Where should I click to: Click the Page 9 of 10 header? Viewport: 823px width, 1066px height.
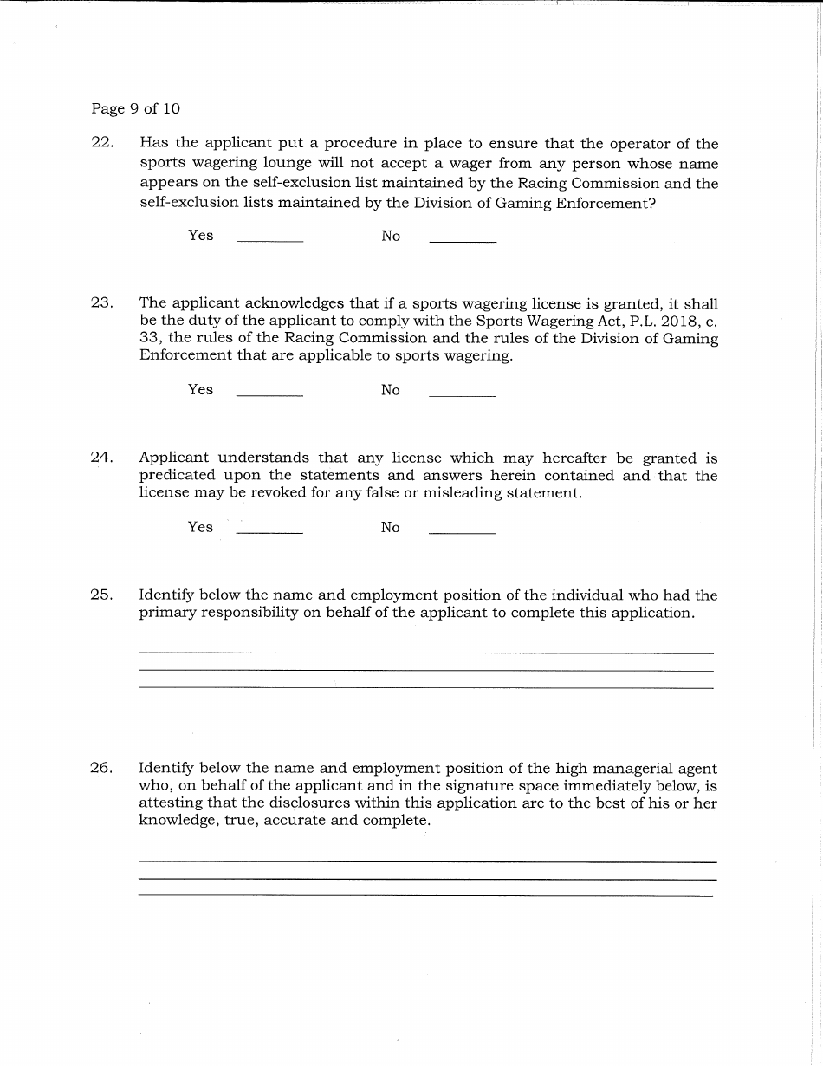coord(135,109)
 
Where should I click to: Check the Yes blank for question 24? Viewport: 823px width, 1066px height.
coord(269,529)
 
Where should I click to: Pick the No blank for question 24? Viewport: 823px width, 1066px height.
coord(463,529)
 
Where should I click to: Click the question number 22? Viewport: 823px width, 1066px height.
coord(102,143)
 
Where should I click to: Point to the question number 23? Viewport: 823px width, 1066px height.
coord(102,302)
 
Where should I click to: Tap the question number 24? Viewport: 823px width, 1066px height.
coord(102,458)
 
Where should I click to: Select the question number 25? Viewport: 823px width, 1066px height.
coord(102,595)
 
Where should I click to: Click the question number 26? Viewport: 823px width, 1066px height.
coord(102,768)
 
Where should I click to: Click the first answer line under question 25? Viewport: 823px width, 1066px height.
coord(425,652)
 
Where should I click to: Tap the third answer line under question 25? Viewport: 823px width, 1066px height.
coord(425,687)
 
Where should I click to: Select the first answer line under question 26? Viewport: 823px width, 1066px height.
coord(427,861)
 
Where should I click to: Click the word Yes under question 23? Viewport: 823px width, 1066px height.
coord(200,390)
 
